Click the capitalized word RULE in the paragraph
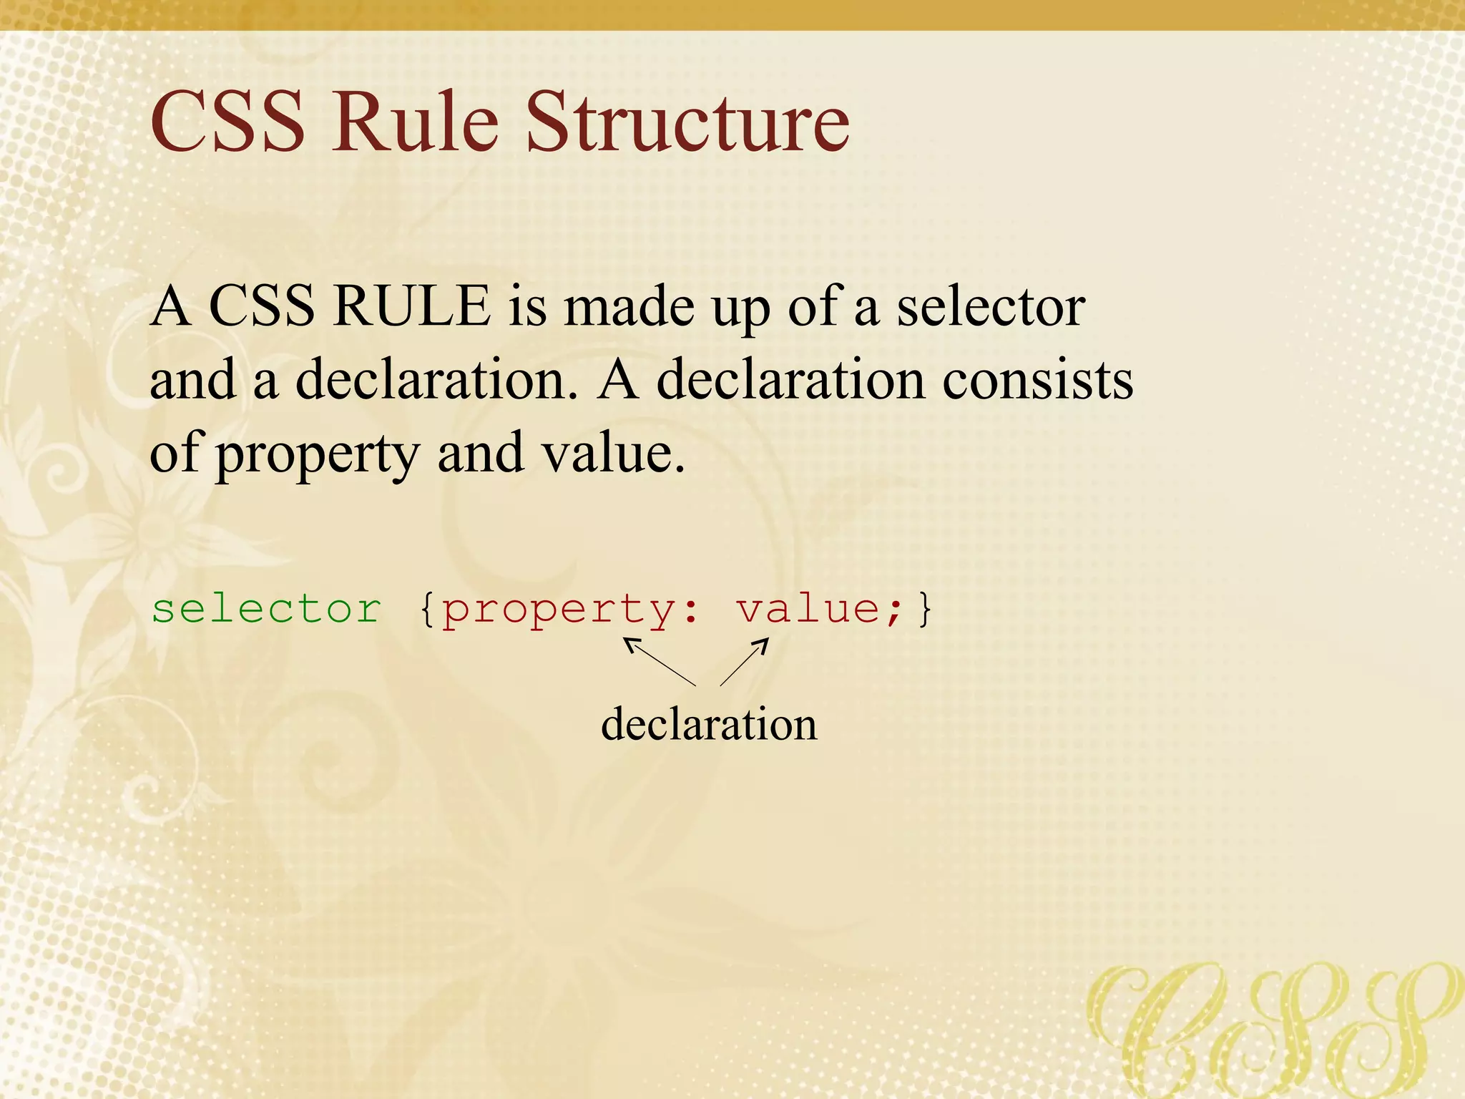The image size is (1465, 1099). pyautogui.click(x=412, y=306)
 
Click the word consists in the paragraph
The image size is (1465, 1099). pyautogui.click(x=1037, y=380)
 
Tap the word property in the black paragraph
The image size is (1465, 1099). pyautogui.click(x=318, y=455)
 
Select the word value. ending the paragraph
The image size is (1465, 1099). pyautogui.click(x=612, y=454)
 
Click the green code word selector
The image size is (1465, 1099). pyautogui.click(x=266, y=610)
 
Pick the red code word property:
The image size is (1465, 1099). pyautogui.click(x=569, y=610)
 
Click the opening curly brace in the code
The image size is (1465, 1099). pyautogui.click(x=427, y=610)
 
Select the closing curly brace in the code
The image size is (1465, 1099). pyautogui.click(x=926, y=610)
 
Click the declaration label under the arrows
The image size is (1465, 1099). pyautogui.click(x=708, y=724)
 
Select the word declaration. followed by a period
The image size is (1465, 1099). pyautogui.click(x=435, y=380)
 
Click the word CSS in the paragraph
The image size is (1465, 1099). pyautogui.click(x=261, y=306)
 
